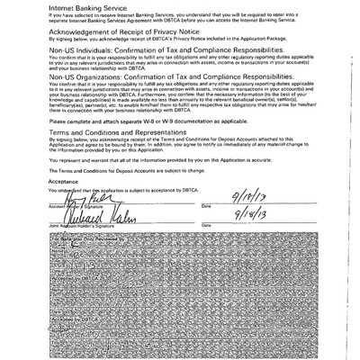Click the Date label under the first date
coord(207,205)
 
